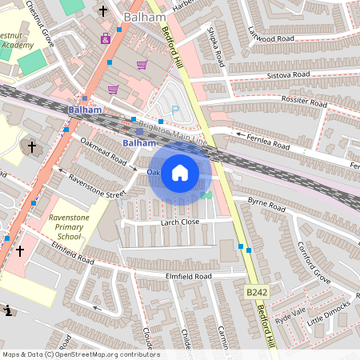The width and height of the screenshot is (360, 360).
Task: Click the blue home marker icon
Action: point(180,173)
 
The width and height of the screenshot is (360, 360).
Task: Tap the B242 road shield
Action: point(256,293)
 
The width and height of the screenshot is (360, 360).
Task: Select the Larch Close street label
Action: point(179,222)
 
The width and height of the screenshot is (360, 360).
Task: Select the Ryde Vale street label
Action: point(290,314)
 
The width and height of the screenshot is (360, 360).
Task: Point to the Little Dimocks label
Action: point(329,315)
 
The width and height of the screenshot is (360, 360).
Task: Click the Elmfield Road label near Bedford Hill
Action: point(188,276)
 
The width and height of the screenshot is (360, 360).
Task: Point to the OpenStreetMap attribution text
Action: point(81,354)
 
